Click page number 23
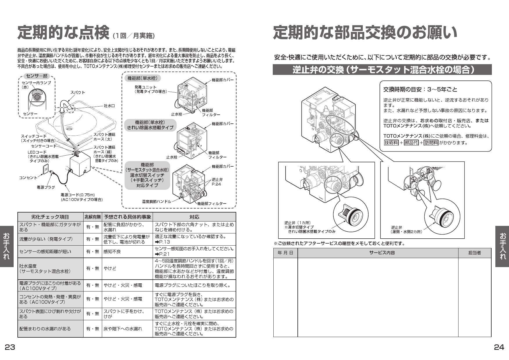pyautogui.click(x=10, y=347)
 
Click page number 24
pyautogui.click(x=499, y=347)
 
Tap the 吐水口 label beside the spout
pyautogui.click(x=109, y=106)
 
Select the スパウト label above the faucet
pyautogui.click(x=78, y=92)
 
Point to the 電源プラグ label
pyautogui.click(x=46, y=187)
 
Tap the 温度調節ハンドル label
pyautogui.click(x=156, y=201)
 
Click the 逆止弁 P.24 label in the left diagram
pyautogui.click(x=217, y=182)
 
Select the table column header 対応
pyautogui.click(x=194, y=217)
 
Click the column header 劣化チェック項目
pyautogui.click(x=50, y=217)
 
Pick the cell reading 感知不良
pyautogui.click(x=112, y=252)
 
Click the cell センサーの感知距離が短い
pyautogui.click(x=45, y=252)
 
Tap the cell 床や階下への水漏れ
pyautogui.click(x=123, y=329)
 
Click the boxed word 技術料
pyautogui.click(x=391, y=143)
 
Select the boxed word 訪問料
pyautogui.click(x=431, y=143)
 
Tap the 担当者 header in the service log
pyautogui.click(x=474, y=253)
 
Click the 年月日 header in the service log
pyautogui.click(x=285, y=253)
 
